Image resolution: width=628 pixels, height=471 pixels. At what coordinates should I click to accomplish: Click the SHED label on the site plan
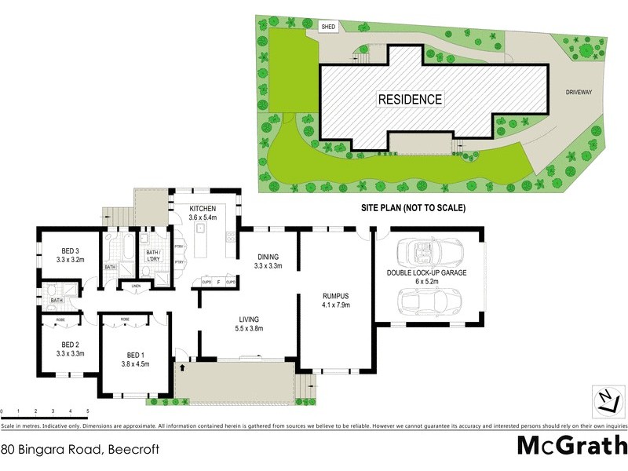pos(327,26)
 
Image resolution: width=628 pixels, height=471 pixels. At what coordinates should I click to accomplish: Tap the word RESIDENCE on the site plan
pos(410,100)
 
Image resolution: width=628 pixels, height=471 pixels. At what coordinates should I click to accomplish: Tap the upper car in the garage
pos(425,253)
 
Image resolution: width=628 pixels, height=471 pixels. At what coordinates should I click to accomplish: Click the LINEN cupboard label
pos(136,285)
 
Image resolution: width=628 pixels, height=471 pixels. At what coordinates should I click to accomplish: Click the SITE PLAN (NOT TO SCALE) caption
pos(413,209)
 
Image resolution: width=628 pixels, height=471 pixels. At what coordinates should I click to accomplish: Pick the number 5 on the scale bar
pos(88,411)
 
